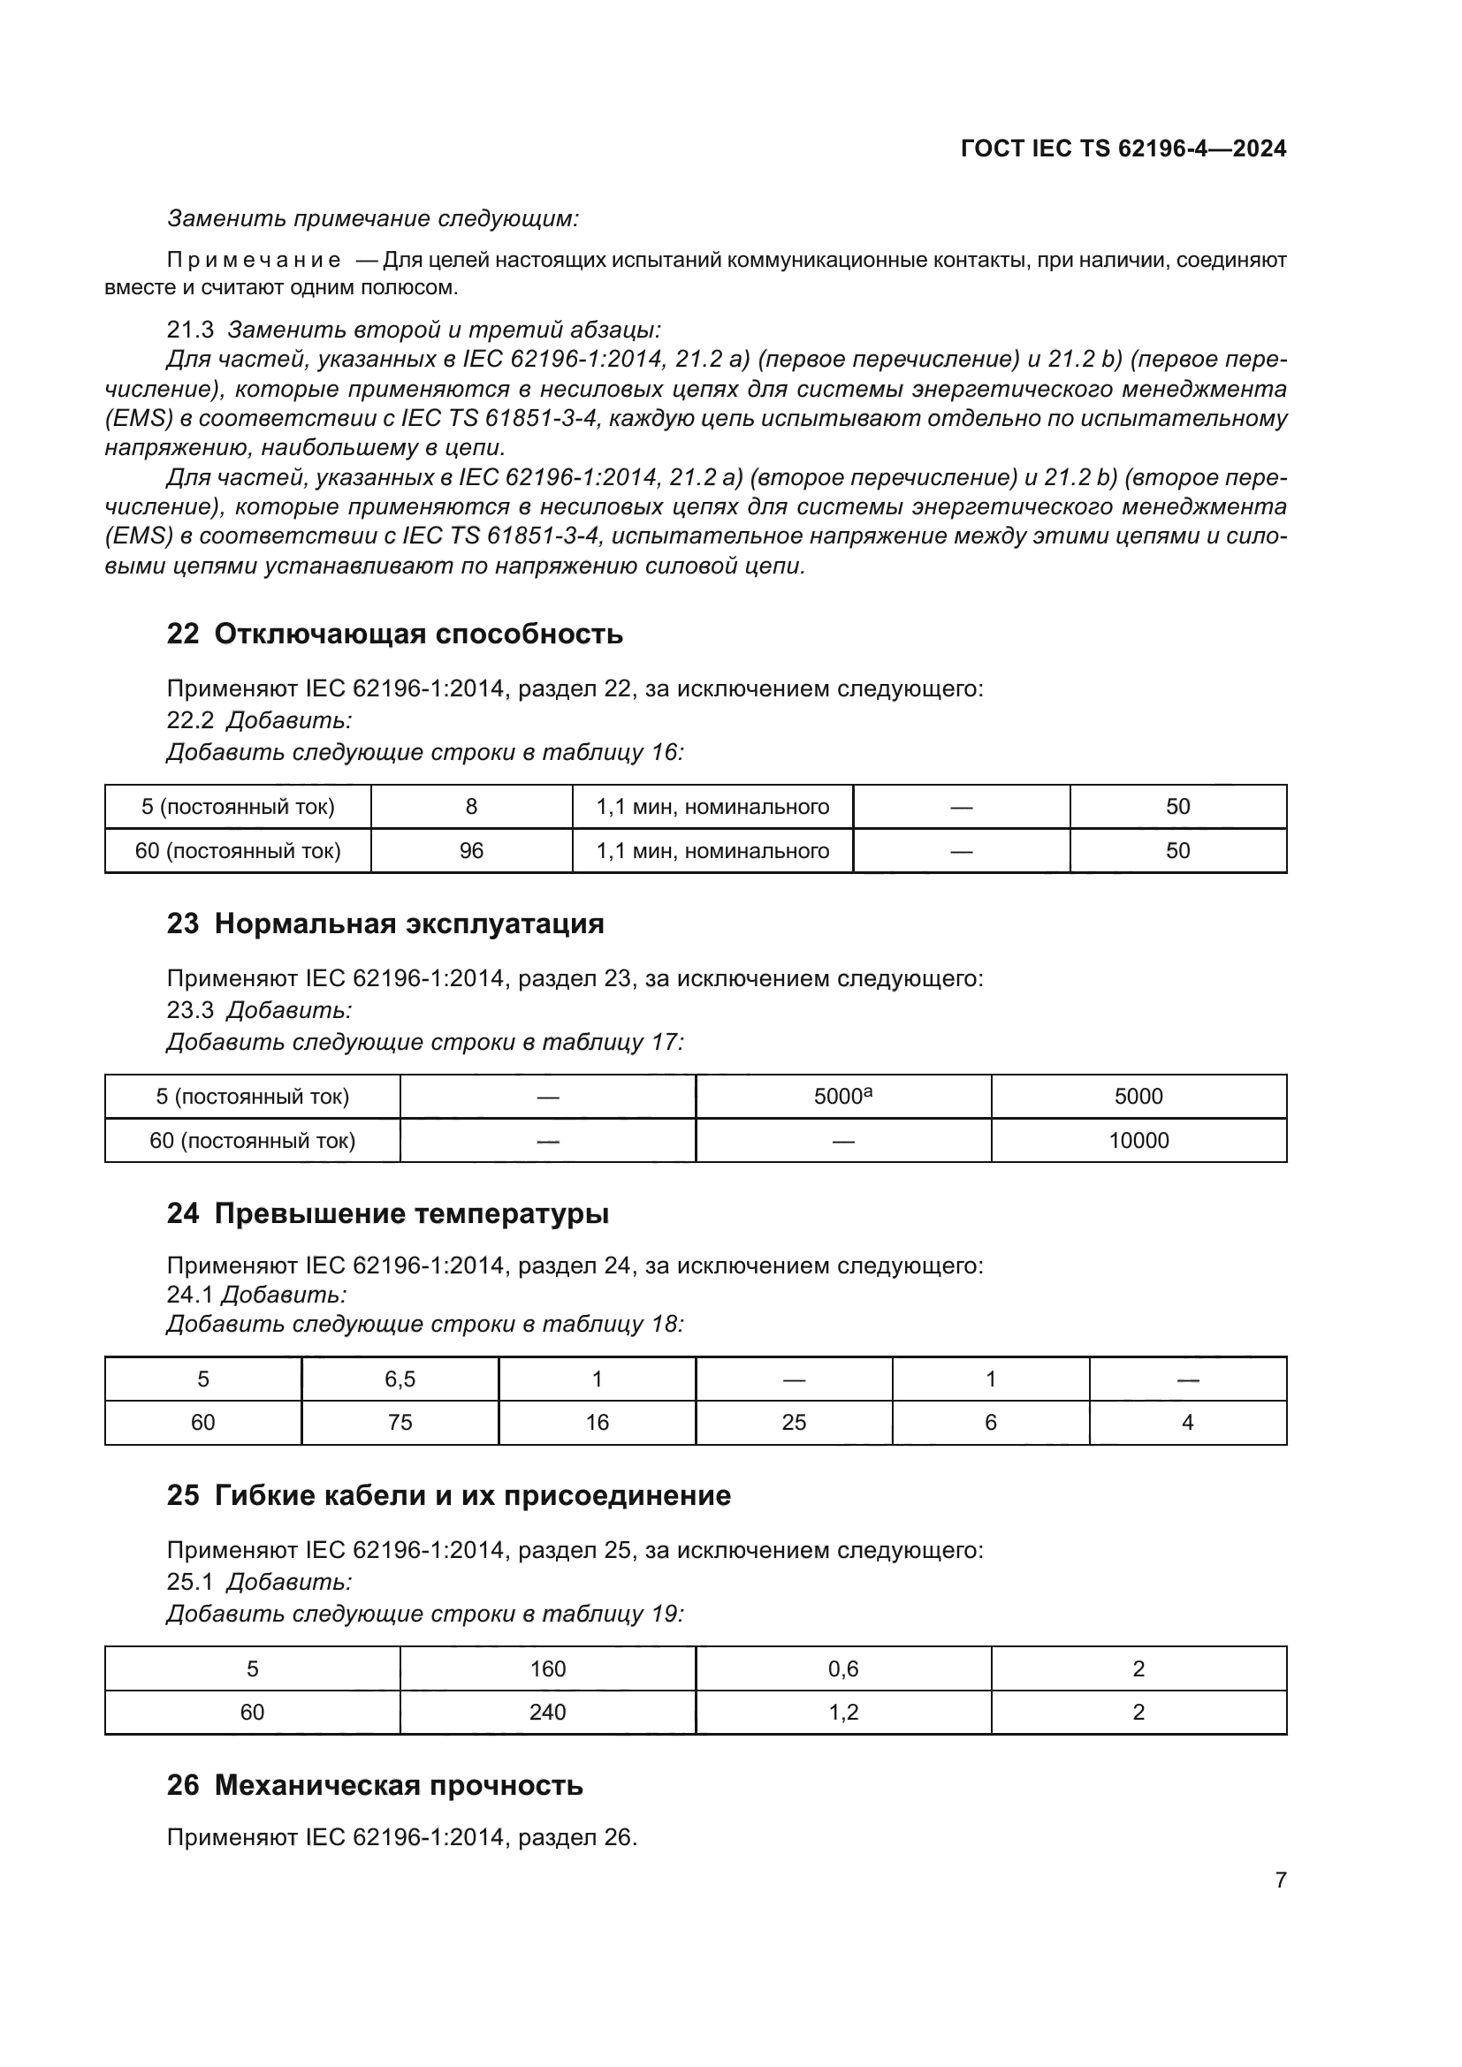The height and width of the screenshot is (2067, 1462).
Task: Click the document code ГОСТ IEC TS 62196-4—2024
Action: pyautogui.click(x=1123, y=148)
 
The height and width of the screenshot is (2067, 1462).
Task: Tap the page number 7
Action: pyautogui.click(x=1280, y=1880)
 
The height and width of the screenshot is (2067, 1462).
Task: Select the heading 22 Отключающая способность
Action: pyautogui.click(x=394, y=634)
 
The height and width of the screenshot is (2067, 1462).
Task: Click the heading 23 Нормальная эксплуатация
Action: pyautogui.click(x=385, y=923)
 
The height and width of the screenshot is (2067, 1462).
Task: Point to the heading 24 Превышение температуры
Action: pyautogui.click(x=387, y=1213)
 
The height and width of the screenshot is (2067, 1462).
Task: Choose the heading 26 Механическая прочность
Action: pyautogui.click(x=375, y=1784)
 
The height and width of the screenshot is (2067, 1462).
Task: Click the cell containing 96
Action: pyautogui.click(x=471, y=851)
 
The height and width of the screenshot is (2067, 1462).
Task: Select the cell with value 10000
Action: pyautogui.click(x=1138, y=1141)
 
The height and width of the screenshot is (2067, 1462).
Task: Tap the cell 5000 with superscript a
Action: pyautogui.click(x=842, y=1097)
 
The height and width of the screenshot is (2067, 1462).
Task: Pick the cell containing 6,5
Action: pyautogui.click(x=400, y=1379)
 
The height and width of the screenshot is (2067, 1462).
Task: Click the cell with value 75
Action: pyautogui.click(x=400, y=1423)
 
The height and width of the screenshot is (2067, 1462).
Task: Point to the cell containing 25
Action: pyautogui.click(x=793, y=1423)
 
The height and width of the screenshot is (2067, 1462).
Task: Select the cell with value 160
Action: pyautogui.click(x=547, y=1669)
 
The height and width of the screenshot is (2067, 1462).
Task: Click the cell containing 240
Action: pyautogui.click(x=547, y=1713)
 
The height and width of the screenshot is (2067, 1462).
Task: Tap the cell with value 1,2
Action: pyautogui.click(x=842, y=1713)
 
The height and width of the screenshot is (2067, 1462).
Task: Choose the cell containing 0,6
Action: pyautogui.click(x=842, y=1669)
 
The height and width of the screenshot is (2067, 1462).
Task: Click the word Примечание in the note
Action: pyautogui.click(x=253, y=261)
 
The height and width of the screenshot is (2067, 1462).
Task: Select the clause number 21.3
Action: pyautogui.click(x=190, y=331)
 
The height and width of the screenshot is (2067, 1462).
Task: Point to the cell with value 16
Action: pyautogui.click(x=597, y=1423)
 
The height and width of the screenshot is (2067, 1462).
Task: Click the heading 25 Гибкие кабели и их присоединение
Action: pyautogui.click(x=448, y=1495)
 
